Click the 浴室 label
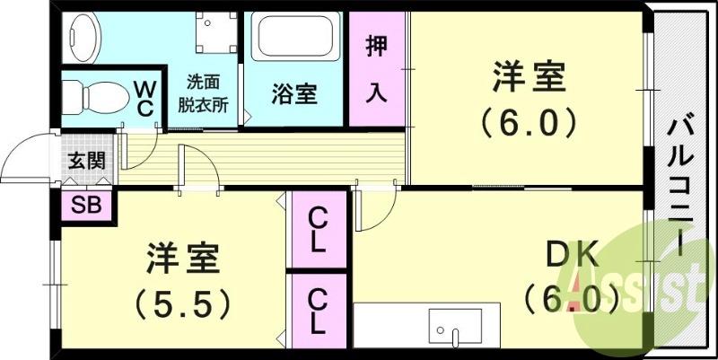tap(295, 93)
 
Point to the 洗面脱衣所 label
tap(203, 92)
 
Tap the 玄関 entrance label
tap(87, 162)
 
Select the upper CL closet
tap(317, 231)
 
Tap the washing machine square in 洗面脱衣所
tap(215, 35)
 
